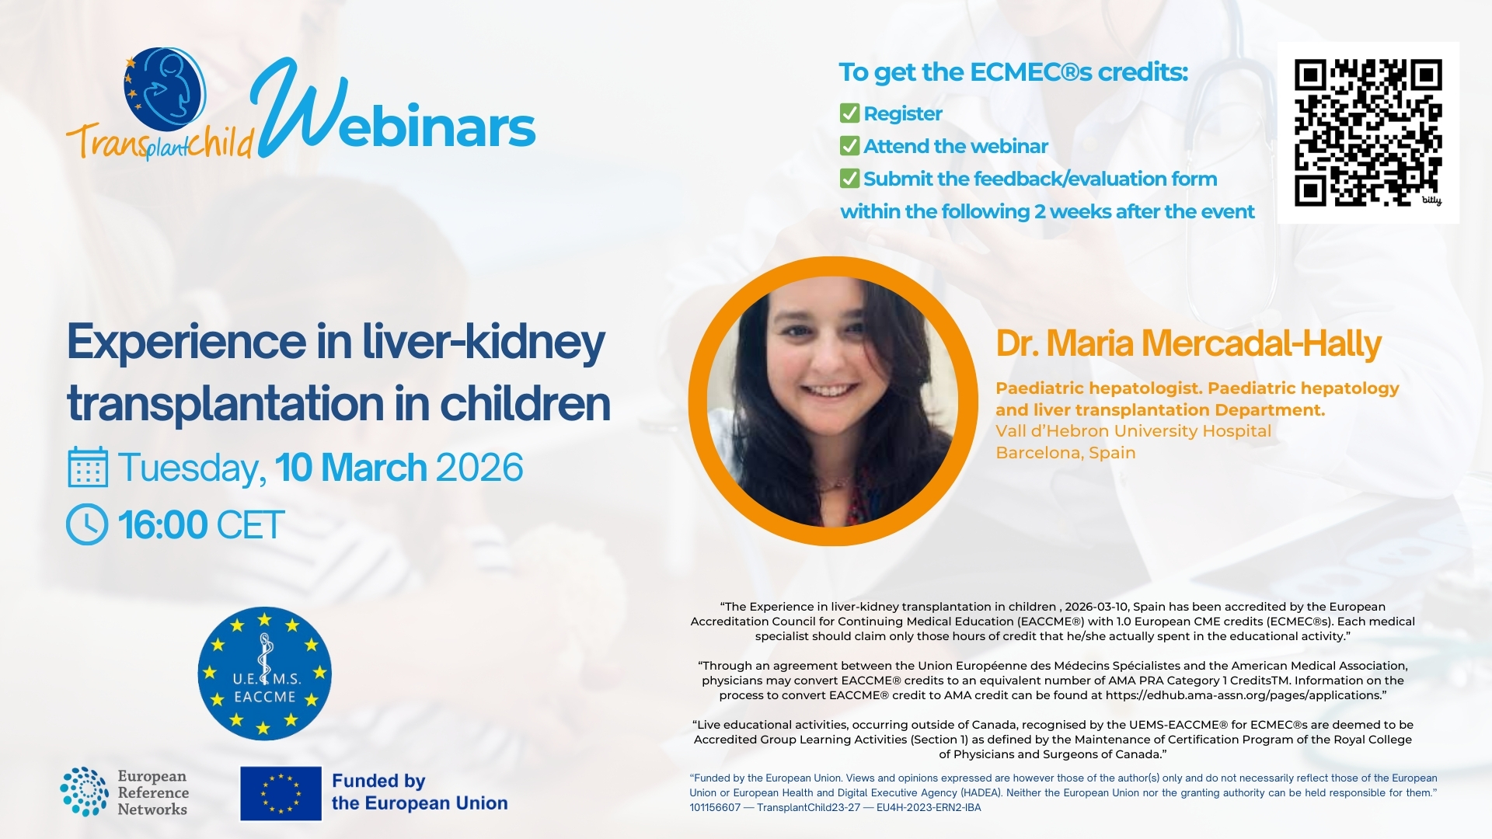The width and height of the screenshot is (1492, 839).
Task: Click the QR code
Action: [x=1368, y=133]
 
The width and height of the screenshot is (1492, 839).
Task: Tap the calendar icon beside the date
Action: [x=88, y=467]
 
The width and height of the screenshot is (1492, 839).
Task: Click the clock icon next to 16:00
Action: [x=87, y=524]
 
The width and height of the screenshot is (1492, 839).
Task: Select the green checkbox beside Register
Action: [x=849, y=113]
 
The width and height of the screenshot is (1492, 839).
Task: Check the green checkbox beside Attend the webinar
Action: [x=849, y=146]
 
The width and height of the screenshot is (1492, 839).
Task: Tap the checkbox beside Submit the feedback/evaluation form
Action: [x=849, y=179]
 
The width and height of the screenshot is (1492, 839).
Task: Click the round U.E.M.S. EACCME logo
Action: [x=264, y=673]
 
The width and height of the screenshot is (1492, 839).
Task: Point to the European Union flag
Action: [x=281, y=793]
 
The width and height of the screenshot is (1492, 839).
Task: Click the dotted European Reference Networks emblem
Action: [x=84, y=792]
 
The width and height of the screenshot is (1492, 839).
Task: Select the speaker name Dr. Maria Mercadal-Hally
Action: [x=1188, y=343]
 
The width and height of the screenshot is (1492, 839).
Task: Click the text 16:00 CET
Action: [x=201, y=525]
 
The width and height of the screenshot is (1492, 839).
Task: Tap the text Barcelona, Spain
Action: [x=1065, y=453]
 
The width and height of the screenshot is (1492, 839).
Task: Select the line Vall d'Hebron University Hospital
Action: [x=1134, y=431]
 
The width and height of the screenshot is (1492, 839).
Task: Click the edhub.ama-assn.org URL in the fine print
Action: [x=1243, y=695]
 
